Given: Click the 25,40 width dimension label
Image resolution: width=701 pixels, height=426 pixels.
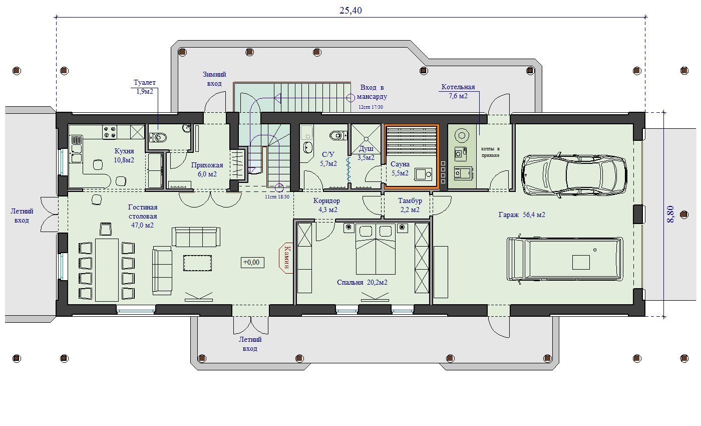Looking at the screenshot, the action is pyautogui.click(x=350, y=11).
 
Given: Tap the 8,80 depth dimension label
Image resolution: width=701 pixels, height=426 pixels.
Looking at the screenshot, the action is pyautogui.click(x=670, y=215).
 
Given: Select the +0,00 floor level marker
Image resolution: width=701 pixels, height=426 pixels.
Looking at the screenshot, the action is pyautogui.click(x=252, y=263).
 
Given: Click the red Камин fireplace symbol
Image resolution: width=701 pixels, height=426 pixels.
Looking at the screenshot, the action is pyautogui.click(x=286, y=258).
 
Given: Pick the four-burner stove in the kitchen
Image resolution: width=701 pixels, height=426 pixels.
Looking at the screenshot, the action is pyautogui.click(x=110, y=132).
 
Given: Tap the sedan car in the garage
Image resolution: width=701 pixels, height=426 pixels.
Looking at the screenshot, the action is pyautogui.click(x=574, y=175).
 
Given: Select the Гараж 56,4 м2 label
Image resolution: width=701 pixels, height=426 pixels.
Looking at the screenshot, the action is pyautogui.click(x=522, y=215).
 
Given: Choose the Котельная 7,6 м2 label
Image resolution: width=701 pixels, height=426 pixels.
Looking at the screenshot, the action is pyautogui.click(x=458, y=91).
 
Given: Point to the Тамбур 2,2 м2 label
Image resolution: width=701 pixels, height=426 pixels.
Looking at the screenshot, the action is pyautogui.click(x=410, y=205).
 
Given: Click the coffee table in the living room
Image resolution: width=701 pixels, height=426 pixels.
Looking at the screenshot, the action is pyautogui.click(x=197, y=263).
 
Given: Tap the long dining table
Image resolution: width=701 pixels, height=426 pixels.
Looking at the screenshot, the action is pyautogui.click(x=107, y=270).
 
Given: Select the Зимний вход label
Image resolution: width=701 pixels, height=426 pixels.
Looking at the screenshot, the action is pyautogui.click(x=214, y=79).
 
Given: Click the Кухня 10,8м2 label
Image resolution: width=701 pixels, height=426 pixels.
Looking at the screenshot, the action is pyautogui.click(x=124, y=155).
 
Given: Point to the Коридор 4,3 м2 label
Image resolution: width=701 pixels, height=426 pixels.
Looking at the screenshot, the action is pyautogui.click(x=326, y=205).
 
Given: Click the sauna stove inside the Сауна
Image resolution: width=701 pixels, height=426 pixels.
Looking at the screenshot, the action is pyautogui.click(x=424, y=174).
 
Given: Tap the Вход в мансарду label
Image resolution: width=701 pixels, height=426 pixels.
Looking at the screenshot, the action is pyautogui.click(x=372, y=92).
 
